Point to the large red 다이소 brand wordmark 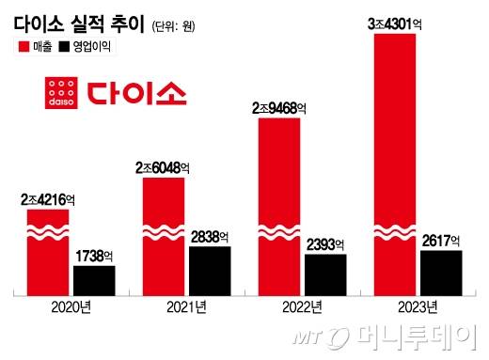click(137, 93)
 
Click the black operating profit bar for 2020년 click(94, 279)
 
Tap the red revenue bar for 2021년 click(163, 235)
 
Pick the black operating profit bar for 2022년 click(325, 274)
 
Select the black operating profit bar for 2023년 click(441, 272)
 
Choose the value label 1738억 click(94, 256)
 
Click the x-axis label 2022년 click(302, 306)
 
